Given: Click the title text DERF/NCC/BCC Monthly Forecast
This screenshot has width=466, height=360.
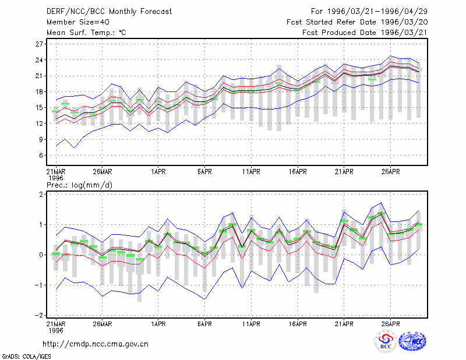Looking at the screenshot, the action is tap(109, 12).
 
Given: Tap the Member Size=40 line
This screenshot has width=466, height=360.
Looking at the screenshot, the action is tap(78, 22).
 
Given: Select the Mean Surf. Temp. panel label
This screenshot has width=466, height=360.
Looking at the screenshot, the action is tap(86, 33).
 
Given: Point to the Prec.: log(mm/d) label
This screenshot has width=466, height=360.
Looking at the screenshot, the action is tap(79, 185).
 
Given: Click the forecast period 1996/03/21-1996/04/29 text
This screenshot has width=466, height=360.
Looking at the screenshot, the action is tap(369, 12).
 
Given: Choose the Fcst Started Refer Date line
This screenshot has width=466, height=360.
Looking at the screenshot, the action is tap(357, 22).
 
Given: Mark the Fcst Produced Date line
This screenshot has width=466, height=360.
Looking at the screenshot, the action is tap(365, 33).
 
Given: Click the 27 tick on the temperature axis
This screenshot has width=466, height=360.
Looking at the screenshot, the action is tap(39, 44).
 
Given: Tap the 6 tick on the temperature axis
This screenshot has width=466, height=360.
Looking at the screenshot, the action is tap(41, 156).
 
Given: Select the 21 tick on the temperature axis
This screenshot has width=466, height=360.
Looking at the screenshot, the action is tap(39, 76).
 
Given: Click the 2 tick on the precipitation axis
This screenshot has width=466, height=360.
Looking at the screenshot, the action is tap(41, 195).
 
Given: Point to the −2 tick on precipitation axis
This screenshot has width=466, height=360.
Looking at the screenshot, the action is tap(38, 315).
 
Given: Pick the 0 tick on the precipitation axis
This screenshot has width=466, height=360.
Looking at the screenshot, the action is tap(41, 255).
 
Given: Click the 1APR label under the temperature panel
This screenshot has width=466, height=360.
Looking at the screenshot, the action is tap(158, 172).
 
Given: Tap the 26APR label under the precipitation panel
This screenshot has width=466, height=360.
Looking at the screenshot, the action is tap(390, 324).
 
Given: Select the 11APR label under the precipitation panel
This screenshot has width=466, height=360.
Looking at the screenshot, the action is tap(251, 324).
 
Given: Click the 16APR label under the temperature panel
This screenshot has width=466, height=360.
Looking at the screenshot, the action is tap(298, 172).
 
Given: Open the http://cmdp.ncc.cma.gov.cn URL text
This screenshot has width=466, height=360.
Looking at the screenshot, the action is tap(96, 344).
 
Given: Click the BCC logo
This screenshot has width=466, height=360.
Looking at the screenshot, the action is tap(386, 341).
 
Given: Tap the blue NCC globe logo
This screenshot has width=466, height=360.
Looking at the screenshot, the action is tap(412, 341).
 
